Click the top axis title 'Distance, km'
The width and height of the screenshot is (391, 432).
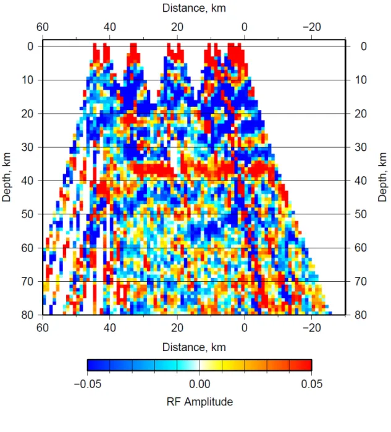tap(194, 8)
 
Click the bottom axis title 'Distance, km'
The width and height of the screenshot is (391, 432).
tap(194, 347)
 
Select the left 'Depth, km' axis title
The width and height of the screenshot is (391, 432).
tap(6, 177)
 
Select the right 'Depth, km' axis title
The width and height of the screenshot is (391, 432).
tap(382, 177)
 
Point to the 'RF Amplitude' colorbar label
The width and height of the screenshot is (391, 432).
tap(200, 402)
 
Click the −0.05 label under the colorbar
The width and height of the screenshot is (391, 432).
tap(88, 384)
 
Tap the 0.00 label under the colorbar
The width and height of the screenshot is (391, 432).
tap(200, 384)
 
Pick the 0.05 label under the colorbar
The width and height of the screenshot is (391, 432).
tap(312, 384)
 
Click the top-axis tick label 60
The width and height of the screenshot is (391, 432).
tap(43, 27)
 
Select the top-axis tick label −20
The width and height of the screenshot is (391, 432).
tap(312, 27)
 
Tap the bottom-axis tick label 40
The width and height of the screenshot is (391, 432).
tap(109, 328)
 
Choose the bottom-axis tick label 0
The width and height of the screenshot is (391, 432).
tap(244, 328)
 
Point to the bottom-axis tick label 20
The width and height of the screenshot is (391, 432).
tap(177, 328)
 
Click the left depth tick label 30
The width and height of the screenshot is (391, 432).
tap(27, 147)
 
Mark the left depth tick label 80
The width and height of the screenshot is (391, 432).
tap(27, 315)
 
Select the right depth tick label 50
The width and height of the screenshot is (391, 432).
tap(361, 214)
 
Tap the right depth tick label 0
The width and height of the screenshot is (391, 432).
tap(364, 46)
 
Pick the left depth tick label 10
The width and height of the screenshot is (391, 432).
tap(27, 80)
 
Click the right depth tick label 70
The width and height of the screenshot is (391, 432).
tap(361, 281)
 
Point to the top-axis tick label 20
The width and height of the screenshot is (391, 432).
tap(177, 27)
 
